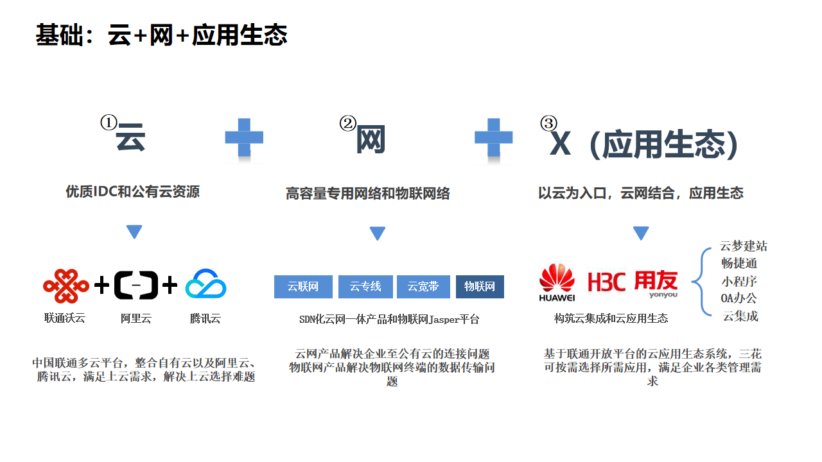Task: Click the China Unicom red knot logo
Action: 66,286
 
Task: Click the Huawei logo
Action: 557,282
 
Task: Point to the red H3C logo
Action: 606,282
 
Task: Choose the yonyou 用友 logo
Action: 656,283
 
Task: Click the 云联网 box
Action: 303,287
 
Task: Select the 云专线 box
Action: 365,287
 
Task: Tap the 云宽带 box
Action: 423,287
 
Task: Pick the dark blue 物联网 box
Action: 480,287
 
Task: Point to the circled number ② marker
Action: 347,123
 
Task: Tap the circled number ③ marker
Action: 548,123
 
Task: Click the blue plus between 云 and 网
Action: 244,137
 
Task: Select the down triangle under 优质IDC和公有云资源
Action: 134,232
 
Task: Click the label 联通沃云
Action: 64,318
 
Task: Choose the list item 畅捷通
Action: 739,263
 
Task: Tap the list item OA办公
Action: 739,298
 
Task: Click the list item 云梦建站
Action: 743,246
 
